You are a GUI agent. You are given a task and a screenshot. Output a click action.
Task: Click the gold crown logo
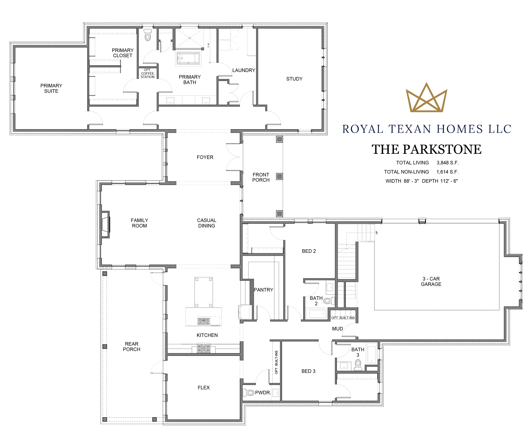click(426, 98)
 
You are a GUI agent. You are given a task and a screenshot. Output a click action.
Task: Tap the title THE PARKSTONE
click(426, 149)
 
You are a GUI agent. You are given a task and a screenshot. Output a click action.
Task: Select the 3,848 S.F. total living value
click(448, 163)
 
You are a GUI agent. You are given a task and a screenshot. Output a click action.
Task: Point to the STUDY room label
click(294, 79)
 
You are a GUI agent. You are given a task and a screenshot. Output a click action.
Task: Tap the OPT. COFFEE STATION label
click(148, 73)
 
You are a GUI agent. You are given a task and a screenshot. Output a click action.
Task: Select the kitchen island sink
click(204, 321)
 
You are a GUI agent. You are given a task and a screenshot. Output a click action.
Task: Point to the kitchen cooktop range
click(204, 348)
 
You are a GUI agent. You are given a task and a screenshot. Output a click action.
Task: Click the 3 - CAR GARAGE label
click(431, 281)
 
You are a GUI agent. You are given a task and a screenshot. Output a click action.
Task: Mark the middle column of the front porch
click(280, 176)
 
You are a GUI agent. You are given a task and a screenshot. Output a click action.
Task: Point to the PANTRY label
click(264, 290)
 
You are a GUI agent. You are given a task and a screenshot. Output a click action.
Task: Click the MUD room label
click(337, 329)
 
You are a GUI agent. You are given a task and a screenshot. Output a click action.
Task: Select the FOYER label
click(205, 158)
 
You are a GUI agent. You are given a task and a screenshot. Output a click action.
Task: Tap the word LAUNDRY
click(244, 70)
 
